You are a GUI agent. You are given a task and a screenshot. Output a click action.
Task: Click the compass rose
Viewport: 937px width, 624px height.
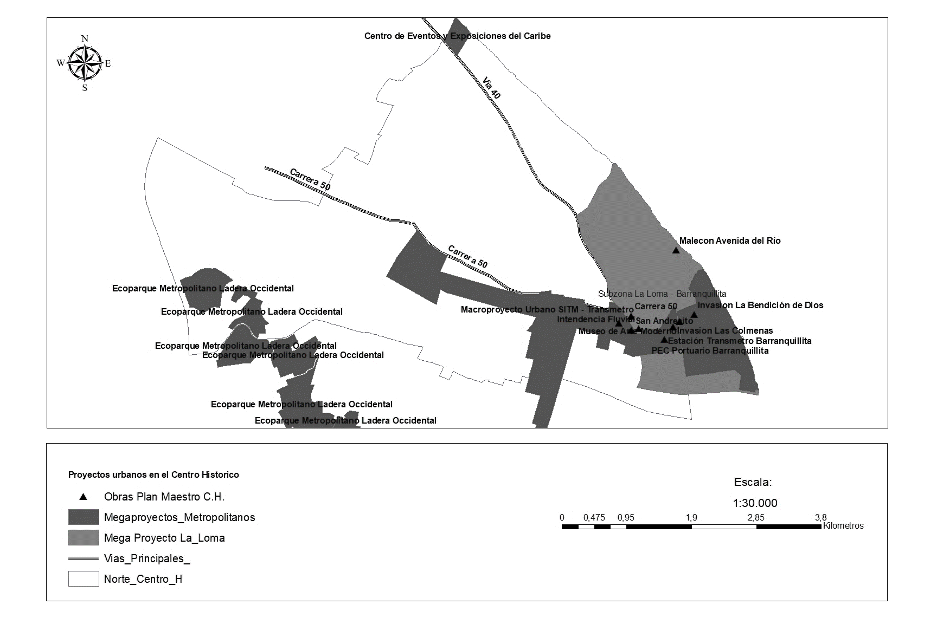tap(85, 63)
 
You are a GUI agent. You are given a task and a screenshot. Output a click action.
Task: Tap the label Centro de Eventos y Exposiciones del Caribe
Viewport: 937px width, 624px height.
tap(457, 36)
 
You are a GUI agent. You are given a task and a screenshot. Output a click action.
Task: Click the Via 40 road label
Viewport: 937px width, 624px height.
tap(492, 88)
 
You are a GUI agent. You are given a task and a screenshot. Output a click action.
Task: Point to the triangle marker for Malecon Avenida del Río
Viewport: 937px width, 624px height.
tap(676, 250)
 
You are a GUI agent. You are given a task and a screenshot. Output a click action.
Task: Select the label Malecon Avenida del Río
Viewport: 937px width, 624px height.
tap(730, 241)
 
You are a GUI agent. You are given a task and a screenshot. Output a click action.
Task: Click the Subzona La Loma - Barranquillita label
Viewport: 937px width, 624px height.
tap(662, 294)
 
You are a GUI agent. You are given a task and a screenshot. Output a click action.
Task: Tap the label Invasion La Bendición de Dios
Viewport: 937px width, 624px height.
tap(760, 305)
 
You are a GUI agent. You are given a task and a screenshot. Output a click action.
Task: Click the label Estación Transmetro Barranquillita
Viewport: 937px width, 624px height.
tap(740, 341)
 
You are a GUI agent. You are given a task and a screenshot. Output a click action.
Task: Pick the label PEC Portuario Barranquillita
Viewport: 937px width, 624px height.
tap(710, 350)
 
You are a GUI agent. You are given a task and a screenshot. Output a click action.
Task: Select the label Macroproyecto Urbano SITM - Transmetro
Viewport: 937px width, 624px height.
tap(547, 310)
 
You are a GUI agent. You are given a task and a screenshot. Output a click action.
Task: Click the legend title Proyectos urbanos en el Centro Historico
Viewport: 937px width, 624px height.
tap(153, 475)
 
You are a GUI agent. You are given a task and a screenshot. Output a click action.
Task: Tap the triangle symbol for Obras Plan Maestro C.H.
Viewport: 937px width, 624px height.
tap(83, 497)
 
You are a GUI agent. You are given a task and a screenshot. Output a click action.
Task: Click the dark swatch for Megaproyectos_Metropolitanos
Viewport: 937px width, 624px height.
tap(84, 517)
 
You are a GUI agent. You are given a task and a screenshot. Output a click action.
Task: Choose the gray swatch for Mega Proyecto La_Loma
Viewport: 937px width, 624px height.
tap(84, 538)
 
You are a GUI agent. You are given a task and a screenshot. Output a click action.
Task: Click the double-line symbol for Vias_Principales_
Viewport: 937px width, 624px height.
tap(84, 558)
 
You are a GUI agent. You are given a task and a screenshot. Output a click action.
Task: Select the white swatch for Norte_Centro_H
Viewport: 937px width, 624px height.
tap(84, 579)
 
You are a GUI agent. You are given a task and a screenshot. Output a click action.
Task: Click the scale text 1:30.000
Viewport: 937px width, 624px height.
tap(755, 503)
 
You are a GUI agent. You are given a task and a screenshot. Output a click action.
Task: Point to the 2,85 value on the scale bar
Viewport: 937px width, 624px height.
tap(756, 518)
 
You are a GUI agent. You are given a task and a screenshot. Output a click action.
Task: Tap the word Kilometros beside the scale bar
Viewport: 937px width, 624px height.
tap(843, 526)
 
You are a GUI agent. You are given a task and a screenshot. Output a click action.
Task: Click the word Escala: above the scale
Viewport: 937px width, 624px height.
tap(753, 482)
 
